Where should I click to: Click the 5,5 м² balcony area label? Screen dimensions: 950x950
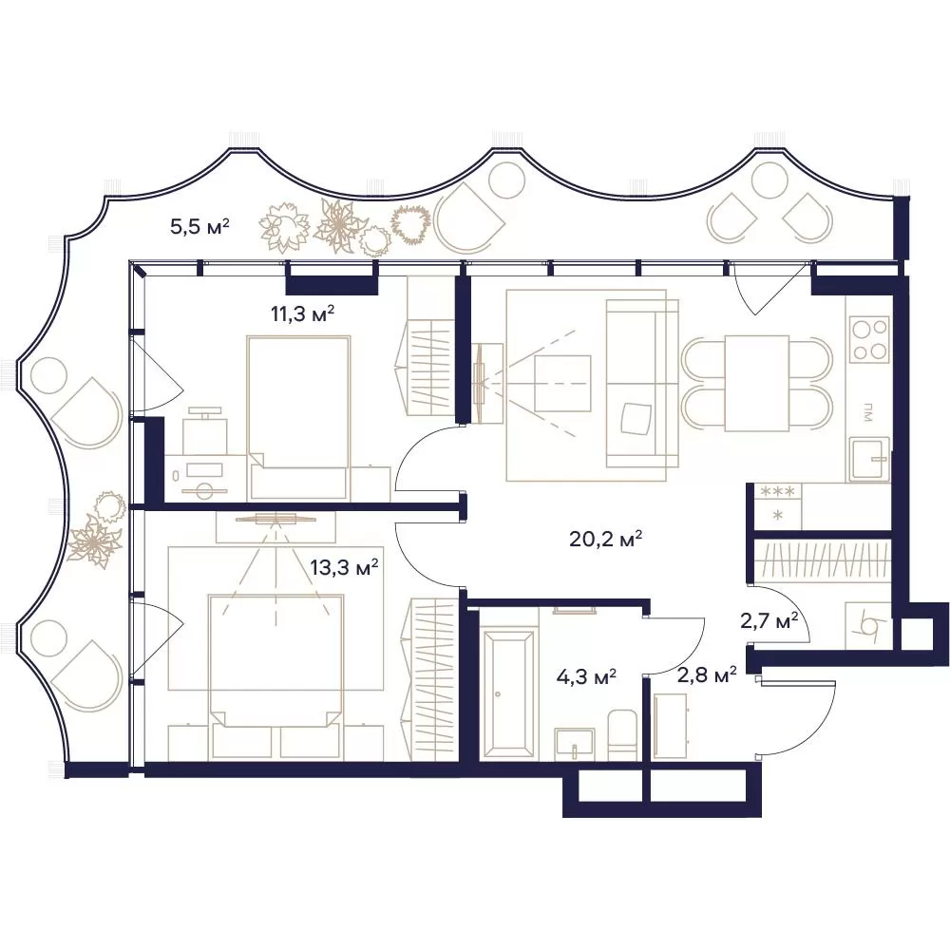(x=199, y=227)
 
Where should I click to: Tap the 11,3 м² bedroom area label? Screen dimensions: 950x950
(x=303, y=313)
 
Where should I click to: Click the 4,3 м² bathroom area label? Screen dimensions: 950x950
(x=586, y=675)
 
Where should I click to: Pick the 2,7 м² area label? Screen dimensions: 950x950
(x=769, y=620)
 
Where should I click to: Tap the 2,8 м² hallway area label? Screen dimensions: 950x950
(x=707, y=674)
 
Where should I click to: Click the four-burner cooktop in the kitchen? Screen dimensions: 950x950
(x=869, y=339)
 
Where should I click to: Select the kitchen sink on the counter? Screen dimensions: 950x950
(x=869, y=459)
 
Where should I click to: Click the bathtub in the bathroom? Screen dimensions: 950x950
(x=508, y=693)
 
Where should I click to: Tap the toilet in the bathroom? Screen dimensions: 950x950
(x=622, y=734)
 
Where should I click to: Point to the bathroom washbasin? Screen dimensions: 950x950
(x=574, y=744)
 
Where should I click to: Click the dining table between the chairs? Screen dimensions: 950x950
(x=757, y=384)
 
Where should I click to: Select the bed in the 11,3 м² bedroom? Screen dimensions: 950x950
(x=298, y=418)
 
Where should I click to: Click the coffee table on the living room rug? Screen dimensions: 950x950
(x=562, y=384)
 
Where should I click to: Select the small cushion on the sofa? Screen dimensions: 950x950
(x=637, y=419)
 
